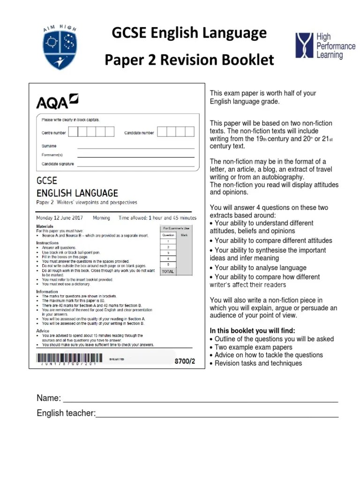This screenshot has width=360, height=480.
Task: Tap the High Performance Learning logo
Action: (x=325, y=46)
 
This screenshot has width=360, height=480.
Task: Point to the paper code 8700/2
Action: (x=184, y=361)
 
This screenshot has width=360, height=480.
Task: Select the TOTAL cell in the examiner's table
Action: (x=167, y=271)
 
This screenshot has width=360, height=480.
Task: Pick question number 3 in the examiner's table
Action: (x=167, y=253)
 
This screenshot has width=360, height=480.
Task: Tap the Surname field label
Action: (x=49, y=146)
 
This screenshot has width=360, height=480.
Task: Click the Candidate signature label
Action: (x=58, y=164)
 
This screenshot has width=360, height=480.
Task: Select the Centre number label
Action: (x=53, y=133)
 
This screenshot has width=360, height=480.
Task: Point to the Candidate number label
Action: (x=139, y=133)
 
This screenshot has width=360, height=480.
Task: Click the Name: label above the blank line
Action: (x=49, y=398)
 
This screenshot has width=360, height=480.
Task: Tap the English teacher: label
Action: (x=66, y=413)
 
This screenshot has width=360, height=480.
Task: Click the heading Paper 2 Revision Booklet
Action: (x=189, y=60)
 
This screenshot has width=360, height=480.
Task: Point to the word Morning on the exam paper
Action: (x=102, y=218)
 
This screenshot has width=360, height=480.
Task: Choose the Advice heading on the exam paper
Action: (x=43, y=331)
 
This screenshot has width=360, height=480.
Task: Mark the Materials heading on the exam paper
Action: (x=45, y=226)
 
